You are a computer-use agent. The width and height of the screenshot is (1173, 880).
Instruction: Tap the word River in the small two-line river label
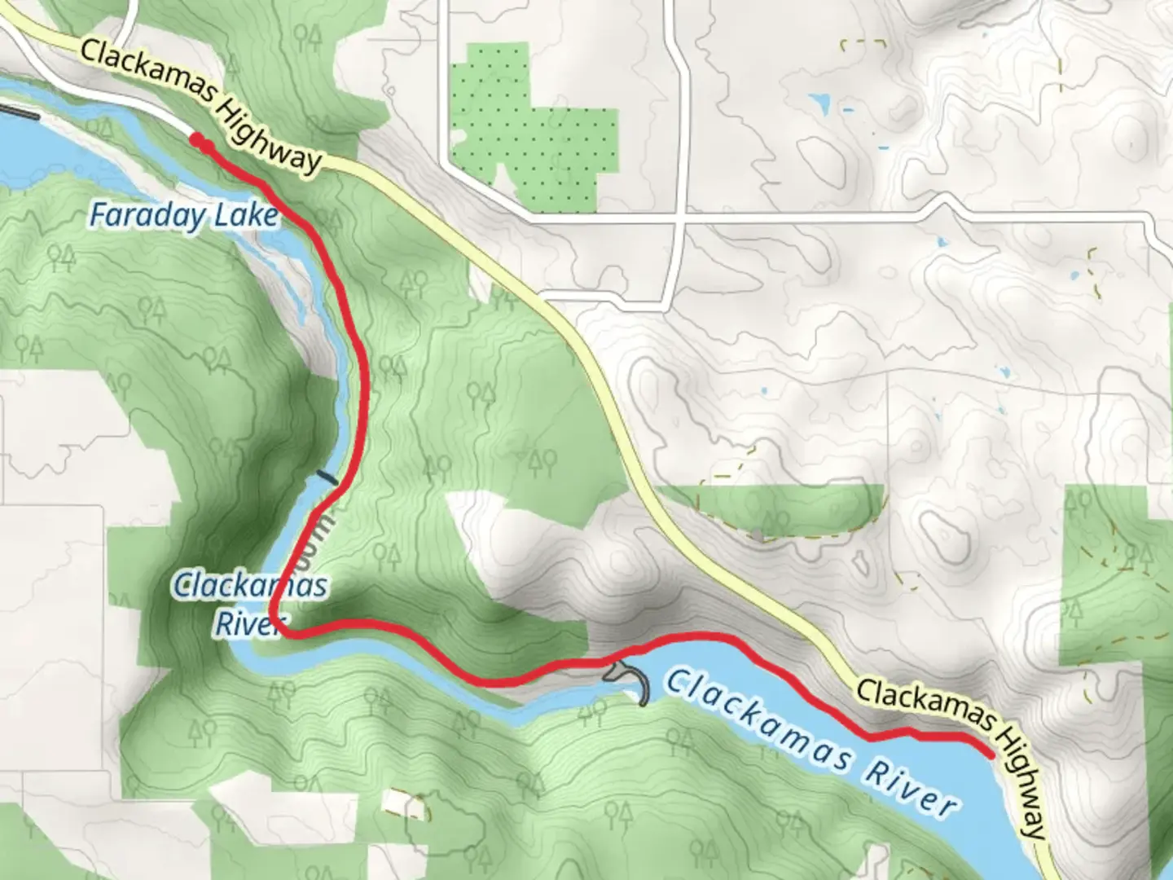[x=244, y=623]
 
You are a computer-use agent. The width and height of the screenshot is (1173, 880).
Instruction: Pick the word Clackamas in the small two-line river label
[x=251, y=585]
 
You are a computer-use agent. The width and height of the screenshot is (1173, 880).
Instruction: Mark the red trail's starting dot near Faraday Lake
[x=195, y=140]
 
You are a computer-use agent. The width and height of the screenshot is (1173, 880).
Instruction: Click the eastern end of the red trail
[x=990, y=754]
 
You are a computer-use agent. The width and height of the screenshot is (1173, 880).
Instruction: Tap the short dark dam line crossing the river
[x=327, y=477]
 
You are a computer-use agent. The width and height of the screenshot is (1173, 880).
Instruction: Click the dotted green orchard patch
[x=529, y=130]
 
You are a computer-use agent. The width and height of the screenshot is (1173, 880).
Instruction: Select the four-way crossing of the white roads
[x=678, y=218]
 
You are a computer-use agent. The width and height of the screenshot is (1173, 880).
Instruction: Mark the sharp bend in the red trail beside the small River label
[x=275, y=623]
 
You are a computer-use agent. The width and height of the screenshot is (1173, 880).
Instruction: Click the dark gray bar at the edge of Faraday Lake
[x=18, y=112]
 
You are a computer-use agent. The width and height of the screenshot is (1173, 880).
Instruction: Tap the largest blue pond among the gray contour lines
[x=819, y=103]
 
